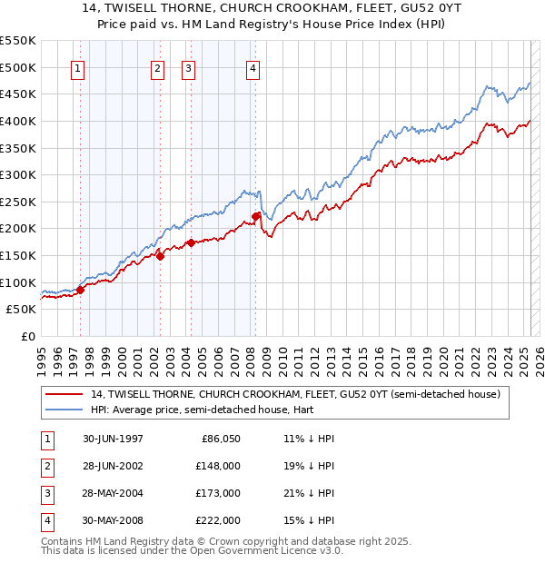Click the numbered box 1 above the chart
[77, 68]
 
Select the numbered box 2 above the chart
[157, 68]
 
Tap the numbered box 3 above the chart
[188, 68]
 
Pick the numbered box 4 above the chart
[253, 68]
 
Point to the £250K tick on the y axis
[19, 202]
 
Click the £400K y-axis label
[19, 121]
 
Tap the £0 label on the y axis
[28, 336]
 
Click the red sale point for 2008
[256, 216]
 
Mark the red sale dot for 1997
[81, 290]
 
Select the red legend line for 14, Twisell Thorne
[65, 394]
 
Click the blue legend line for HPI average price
[65, 410]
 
